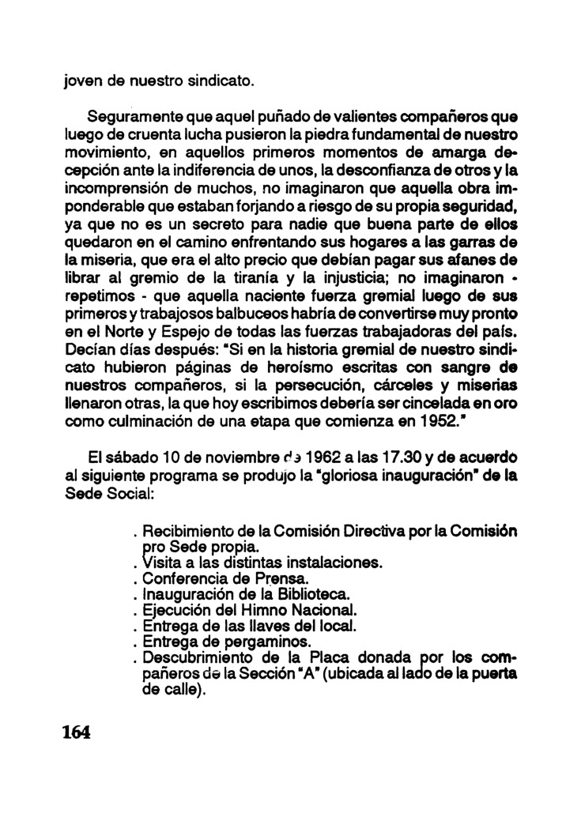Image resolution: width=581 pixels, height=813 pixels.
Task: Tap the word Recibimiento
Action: click(x=194, y=531)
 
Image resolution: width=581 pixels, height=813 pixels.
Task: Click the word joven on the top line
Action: click(x=83, y=80)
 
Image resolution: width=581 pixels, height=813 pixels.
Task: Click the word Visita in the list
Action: click(x=161, y=563)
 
